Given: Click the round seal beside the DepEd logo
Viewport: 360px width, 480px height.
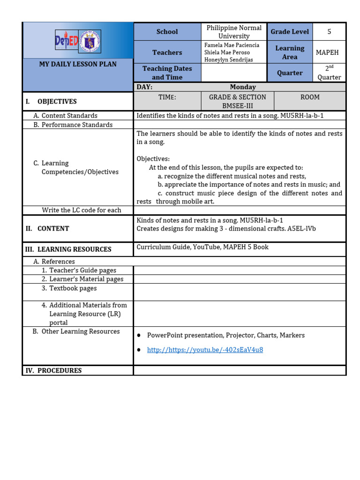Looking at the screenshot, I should pyautogui.click(x=90, y=42).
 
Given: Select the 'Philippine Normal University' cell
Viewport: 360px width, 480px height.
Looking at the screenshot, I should pyautogui.click(x=234, y=32).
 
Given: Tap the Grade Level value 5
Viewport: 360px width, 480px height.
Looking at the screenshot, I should pyautogui.click(x=329, y=32).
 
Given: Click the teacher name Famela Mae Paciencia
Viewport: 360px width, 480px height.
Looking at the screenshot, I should pyautogui.click(x=232, y=45).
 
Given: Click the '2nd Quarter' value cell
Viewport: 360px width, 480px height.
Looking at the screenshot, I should pyautogui.click(x=329, y=73).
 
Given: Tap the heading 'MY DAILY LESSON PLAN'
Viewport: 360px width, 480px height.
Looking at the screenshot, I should pyautogui.click(x=78, y=64).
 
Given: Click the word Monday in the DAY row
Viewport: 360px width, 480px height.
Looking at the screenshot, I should pyautogui.click(x=243, y=87).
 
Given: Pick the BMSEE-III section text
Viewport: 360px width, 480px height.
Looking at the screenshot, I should pyautogui.click(x=237, y=106).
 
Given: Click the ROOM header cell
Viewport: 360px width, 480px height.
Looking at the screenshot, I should pyautogui.click(x=310, y=97).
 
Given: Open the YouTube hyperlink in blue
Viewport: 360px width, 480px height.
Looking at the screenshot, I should pyautogui.click(x=205, y=350).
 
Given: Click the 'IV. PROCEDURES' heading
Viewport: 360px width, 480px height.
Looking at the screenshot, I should pyautogui.click(x=53, y=370).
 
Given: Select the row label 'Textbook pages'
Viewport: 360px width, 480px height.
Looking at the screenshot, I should pyautogui.click(x=73, y=288).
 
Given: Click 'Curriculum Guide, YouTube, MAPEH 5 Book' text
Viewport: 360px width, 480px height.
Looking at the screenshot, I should pyautogui.click(x=202, y=247).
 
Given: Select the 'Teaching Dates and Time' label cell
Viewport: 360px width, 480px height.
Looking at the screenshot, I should pyautogui.click(x=167, y=73).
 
